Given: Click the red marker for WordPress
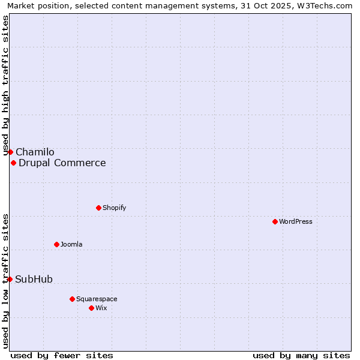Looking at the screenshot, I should coord(275,221).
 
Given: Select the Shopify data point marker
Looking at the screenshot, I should coord(98,208).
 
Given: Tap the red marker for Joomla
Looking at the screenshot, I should coord(56,244).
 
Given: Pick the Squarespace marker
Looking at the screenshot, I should coord(72,299).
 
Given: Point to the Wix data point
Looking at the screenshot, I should coord(91,308).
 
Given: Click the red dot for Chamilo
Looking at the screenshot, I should coord(10,152).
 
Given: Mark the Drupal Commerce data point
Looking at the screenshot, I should coord(13,163).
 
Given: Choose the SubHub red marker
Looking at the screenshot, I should coord(10,279).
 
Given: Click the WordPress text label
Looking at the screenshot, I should coord(296,221).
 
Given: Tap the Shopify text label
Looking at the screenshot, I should coord(114,208).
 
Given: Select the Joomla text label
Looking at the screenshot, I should coord(71,244).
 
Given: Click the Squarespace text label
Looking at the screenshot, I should coord(97,299).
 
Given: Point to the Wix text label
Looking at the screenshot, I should coord(101,308).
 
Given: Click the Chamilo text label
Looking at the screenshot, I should coord(35,152).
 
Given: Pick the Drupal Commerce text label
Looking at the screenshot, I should coord(62,163).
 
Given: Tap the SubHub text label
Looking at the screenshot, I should coord(34,280).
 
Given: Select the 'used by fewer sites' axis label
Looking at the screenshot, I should coord(62,355).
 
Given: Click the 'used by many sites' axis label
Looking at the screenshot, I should coord(301,355).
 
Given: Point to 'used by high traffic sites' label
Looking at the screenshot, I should coord(5,86).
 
